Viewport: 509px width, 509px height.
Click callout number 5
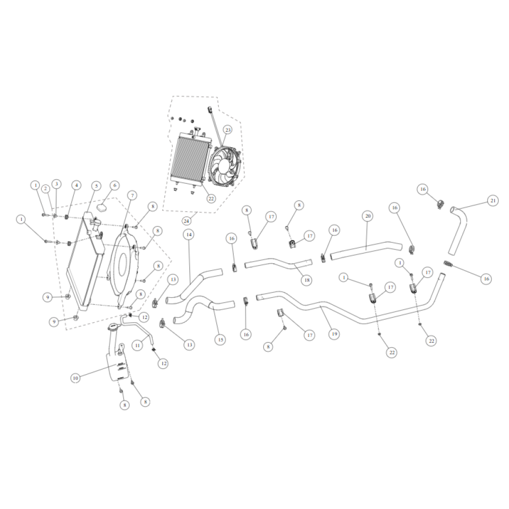96,186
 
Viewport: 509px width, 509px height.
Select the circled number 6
115,185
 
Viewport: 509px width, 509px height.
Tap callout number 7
132,195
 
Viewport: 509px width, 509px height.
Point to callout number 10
75,378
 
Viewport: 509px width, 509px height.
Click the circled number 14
189,234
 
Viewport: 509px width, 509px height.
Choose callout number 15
220,340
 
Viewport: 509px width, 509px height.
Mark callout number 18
307,280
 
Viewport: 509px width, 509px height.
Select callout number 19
334,334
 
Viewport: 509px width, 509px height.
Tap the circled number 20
368,216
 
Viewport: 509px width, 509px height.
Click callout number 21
493,201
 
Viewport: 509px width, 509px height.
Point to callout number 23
228,130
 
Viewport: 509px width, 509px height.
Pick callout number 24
186,221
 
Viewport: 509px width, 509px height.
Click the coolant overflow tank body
117,367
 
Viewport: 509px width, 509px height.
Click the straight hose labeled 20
366,249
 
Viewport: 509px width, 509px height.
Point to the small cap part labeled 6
103,207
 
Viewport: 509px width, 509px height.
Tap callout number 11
137,346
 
